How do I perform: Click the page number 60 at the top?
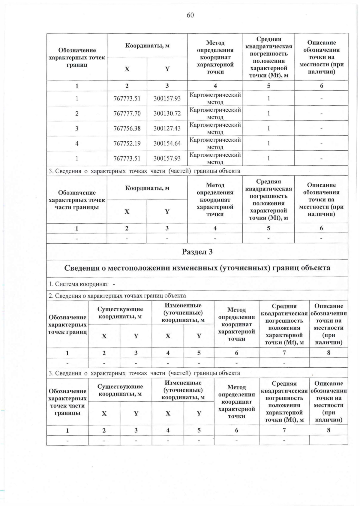click(190, 15)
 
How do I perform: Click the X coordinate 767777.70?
click(127, 113)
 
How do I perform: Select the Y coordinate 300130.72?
click(167, 113)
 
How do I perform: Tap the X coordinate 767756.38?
click(127, 128)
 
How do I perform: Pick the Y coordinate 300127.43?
click(167, 128)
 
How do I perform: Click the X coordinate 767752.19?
click(127, 143)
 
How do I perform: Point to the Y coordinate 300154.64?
click(167, 143)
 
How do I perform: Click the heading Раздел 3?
click(197, 252)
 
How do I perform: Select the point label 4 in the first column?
click(77, 143)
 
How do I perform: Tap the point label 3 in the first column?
click(77, 128)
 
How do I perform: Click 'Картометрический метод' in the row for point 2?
click(215, 113)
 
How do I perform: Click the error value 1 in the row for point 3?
click(268, 128)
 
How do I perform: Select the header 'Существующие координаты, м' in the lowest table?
click(120, 390)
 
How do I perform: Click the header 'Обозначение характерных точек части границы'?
click(77, 200)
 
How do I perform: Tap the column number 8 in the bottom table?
click(328, 430)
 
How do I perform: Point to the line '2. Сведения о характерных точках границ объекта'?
click(117, 296)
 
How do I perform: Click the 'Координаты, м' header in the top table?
click(147, 46)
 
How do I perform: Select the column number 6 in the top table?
click(321, 86)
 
